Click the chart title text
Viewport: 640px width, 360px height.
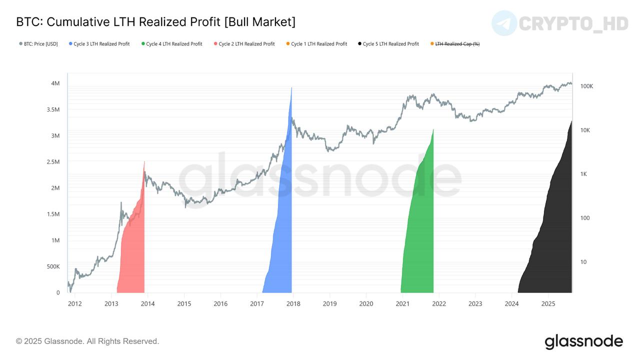pos(155,22)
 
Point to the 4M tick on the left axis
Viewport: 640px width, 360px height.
pos(55,83)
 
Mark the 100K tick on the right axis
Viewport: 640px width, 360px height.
pos(586,86)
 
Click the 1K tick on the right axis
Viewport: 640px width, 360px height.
pos(583,174)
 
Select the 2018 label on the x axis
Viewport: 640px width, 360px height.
pos(293,303)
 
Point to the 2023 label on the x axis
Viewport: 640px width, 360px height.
pos(475,303)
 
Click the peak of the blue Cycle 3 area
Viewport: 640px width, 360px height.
pos(291,88)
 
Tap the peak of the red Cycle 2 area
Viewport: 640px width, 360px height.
pos(144,161)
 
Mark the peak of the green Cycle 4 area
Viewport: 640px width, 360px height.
pos(433,129)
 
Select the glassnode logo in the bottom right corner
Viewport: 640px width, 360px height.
pos(583,342)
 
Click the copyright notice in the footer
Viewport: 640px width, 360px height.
pos(87,341)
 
